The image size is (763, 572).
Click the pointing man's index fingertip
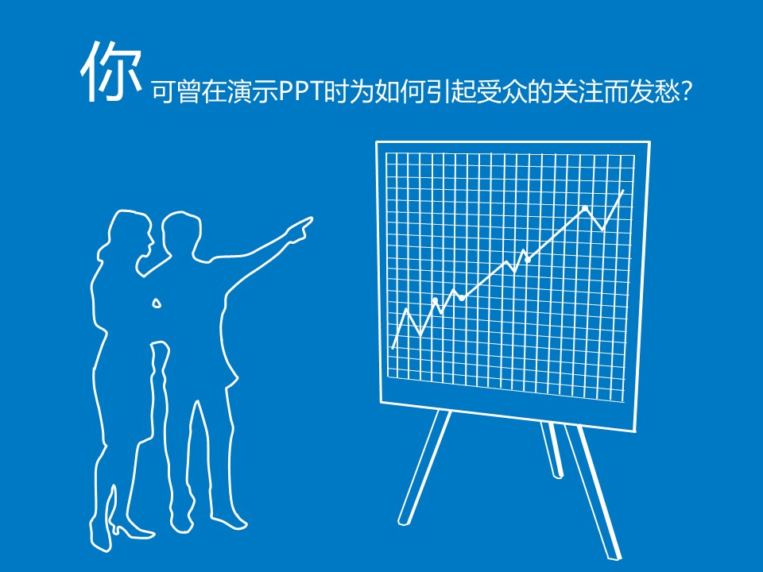pos(311,220)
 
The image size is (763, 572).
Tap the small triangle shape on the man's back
pos(157,303)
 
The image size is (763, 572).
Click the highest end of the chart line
pos(622,190)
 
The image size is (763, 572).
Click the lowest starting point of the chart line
pos(393,347)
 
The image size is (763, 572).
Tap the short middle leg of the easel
pos(552,450)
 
